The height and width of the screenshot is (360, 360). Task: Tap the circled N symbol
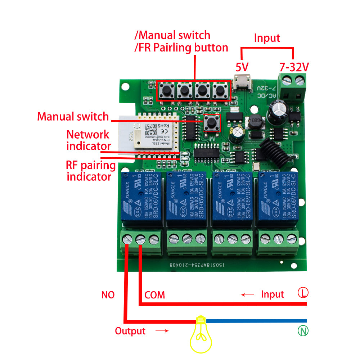[x=303, y=330]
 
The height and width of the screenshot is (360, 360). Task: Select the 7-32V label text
[x=294, y=67]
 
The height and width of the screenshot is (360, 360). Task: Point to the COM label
[x=154, y=295]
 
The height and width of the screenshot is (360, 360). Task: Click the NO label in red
[x=108, y=295]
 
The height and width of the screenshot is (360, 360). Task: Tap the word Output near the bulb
[x=130, y=331]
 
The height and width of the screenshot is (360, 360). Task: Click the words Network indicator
[x=88, y=140]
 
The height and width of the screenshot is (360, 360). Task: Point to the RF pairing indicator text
[x=91, y=171]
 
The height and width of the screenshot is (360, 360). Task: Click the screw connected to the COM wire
[x=141, y=239]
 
